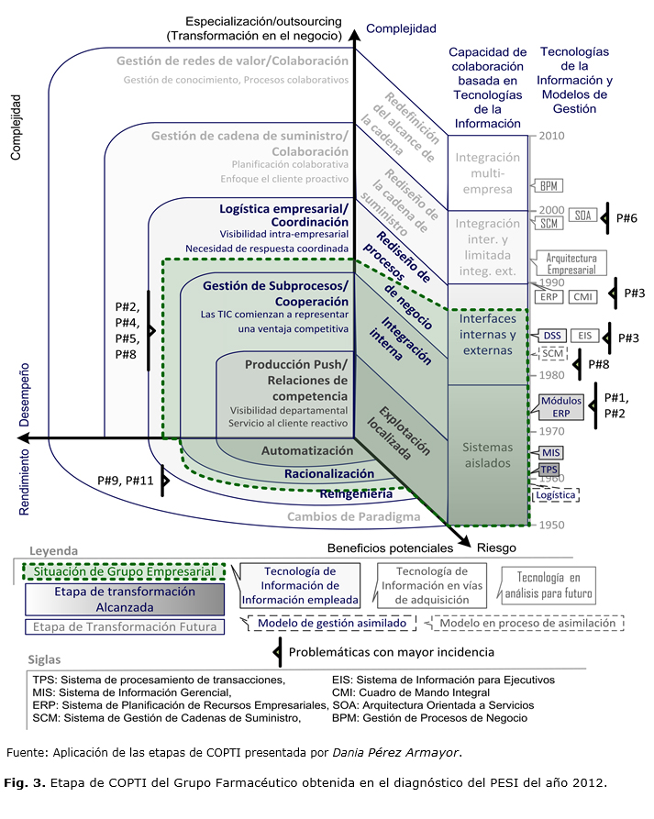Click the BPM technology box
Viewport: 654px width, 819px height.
[x=551, y=187]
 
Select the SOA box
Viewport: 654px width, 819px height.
[x=582, y=216]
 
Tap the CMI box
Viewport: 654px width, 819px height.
[x=582, y=296]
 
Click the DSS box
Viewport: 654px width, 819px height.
[x=552, y=336]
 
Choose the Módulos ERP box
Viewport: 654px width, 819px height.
[x=561, y=407]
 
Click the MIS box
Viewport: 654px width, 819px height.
[x=550, y=452]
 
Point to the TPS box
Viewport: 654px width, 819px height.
[x=549, y=470]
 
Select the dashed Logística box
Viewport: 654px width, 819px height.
[x=556, y=494]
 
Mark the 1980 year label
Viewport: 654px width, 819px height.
[x=551, y=375]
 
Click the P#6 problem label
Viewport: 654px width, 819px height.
[x=626, y=217]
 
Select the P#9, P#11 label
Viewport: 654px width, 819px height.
[x=125, y=480]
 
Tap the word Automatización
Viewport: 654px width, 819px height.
[x=307, y=451]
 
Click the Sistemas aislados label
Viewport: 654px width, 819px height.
[x=487, y=455]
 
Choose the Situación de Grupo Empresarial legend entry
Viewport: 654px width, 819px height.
[x=123, y=570]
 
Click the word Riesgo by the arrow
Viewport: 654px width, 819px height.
[x=496, y=548]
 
